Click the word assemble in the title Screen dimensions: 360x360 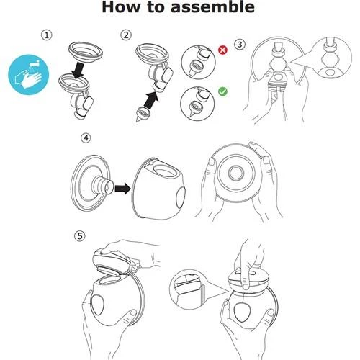(212, 7)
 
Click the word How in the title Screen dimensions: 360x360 (121, 7)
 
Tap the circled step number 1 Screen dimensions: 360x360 (47, 35)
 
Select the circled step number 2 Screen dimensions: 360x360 (126, 35)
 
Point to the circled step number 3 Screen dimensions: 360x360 (240, 45)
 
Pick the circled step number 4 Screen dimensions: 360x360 (86, 138)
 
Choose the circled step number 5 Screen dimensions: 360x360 (80, 236)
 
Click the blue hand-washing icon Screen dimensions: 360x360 (29, 75)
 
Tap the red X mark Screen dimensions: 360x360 (222, 50)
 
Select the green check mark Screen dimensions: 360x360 (222, 91)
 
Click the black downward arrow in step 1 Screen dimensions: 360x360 (78, 71)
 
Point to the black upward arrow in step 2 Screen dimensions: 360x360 (151, 100)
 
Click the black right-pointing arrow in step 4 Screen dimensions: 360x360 (122, 189)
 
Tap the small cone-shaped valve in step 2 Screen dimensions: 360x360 (141, 114)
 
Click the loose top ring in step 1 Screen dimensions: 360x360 (86, 53)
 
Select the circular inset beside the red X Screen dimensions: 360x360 (198, 63)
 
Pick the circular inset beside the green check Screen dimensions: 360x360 (197, 104)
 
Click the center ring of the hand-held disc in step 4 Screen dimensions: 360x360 (236, 174)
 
